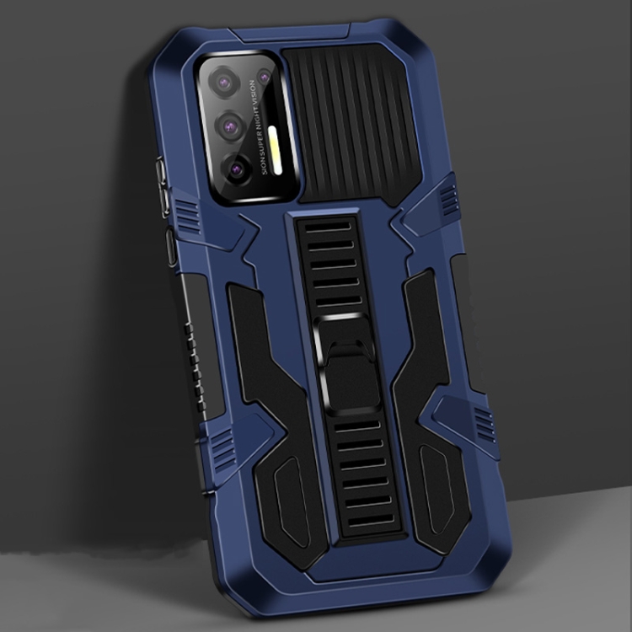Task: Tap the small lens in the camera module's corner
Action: pos(264,78)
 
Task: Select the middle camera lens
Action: pos(230,126)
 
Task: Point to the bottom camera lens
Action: pos(237,169)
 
